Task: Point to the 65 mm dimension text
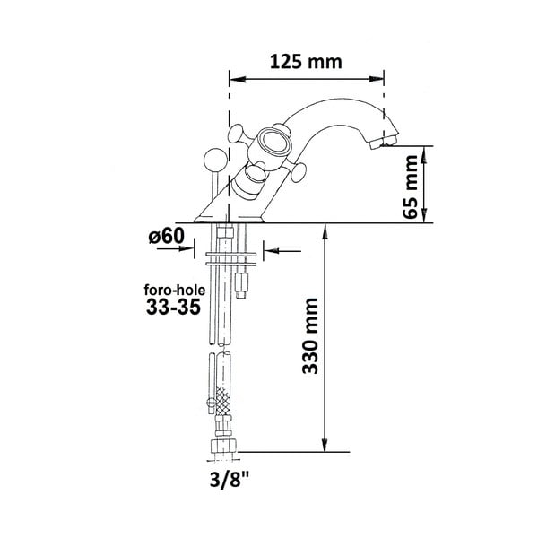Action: tap(412, 186)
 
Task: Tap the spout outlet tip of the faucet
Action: tap(387, 142)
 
